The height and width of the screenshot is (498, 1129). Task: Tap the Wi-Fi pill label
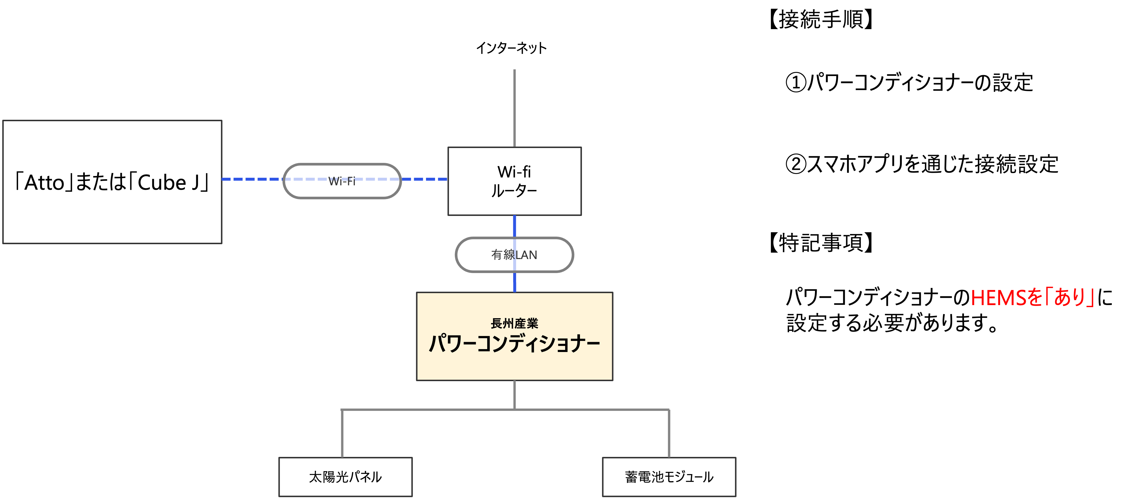[342, 181]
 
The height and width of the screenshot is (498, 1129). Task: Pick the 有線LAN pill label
[514, 254]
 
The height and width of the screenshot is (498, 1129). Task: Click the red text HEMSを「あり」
[1032, 298]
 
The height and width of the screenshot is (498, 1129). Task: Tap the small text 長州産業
[514, 323]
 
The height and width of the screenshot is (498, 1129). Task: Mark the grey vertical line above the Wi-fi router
[514, 107]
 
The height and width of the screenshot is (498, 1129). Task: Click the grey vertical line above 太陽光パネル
[342, 434]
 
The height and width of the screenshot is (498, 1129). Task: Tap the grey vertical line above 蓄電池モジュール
[669, 434]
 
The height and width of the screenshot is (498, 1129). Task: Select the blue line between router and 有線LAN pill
[514, 226]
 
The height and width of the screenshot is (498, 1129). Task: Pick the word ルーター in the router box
[514, 191]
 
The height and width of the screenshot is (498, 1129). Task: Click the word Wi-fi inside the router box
[514, 172]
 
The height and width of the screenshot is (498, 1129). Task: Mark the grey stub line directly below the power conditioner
[514, 395]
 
